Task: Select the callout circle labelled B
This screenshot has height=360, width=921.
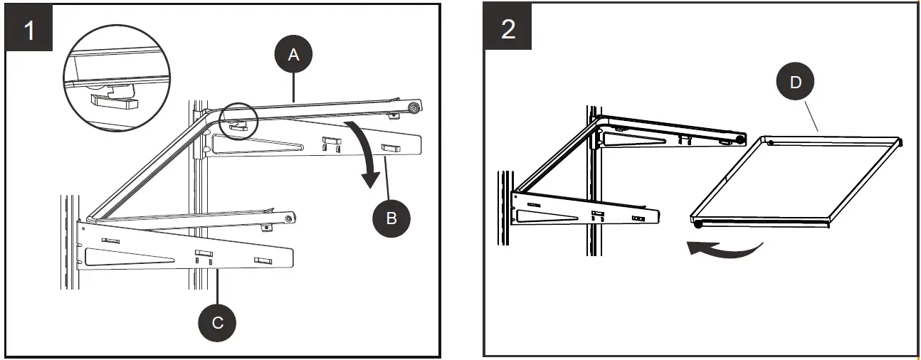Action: [391, 218]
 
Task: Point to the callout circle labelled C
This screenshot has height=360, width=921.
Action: [218, 322]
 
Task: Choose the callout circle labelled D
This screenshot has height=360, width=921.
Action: [795, 83]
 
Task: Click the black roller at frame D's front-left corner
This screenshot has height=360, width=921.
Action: [699, 225]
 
